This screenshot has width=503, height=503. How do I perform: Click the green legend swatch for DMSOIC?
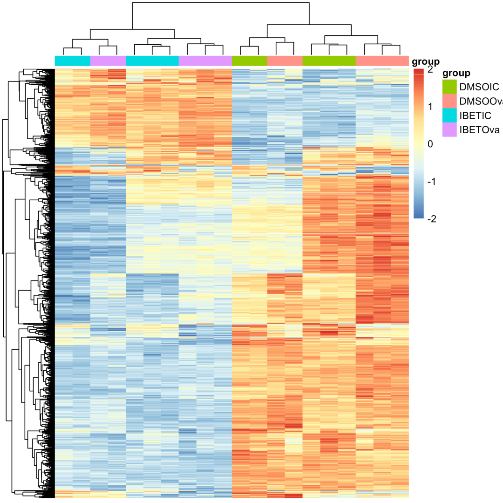[x=449, y=87]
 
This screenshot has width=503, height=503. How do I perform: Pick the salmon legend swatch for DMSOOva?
[x=449, y=101]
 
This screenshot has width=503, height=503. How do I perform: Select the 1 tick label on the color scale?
[x=430, y=107]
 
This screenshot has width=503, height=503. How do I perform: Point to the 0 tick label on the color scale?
[x=430, y=144]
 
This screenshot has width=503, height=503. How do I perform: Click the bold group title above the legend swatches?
[x=456, y=73]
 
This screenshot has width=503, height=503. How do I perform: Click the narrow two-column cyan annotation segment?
[x=73, y=61]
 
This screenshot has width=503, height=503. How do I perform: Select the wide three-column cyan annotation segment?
[x=152, y=61]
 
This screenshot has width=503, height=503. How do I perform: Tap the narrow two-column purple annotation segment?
[x=108, y=61]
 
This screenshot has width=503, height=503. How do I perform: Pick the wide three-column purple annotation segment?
[x=205, y=61]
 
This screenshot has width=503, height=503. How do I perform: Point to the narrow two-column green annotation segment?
[x=250, y=61]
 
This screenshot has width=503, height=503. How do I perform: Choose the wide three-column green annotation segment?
[x=329, y=61]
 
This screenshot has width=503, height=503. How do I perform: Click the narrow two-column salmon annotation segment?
[x=285, y=61]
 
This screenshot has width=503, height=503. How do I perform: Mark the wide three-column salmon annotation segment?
[x=382, y=61]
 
